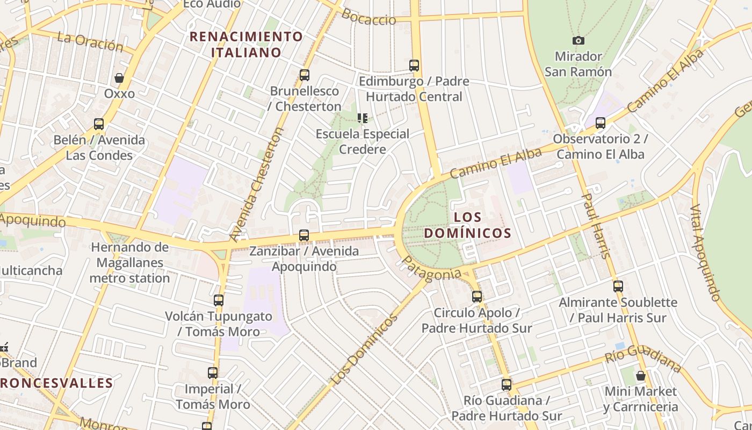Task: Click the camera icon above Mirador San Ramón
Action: (x=579, y=40)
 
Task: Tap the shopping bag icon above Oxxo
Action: (x=119, y=78)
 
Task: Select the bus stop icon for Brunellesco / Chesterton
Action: (x=305, y=75)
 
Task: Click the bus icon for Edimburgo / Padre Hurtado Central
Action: (x=414, y=66)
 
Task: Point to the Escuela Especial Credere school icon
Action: (x=363, y=118)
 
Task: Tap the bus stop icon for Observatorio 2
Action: (x=601, y=123)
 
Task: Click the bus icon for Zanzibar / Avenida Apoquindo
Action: (x=304, y=235)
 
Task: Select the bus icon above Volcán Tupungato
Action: (x=219, y=300)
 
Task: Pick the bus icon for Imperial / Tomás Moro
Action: (x=213, y=373)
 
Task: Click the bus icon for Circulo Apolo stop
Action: (x=477, y=297)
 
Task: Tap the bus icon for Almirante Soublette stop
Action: (x=618, y=286)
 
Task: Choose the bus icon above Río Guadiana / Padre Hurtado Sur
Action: (x=507, y=385)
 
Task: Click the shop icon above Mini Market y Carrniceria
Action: (x=640, y=375)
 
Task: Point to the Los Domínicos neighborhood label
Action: (x=467, y=225)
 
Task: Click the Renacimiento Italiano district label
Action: (x=247, y=45)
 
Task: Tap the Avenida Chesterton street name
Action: (x=256, y=184)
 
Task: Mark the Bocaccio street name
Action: (x=368, y=18)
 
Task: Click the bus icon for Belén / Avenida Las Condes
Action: (x=99, y=125)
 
